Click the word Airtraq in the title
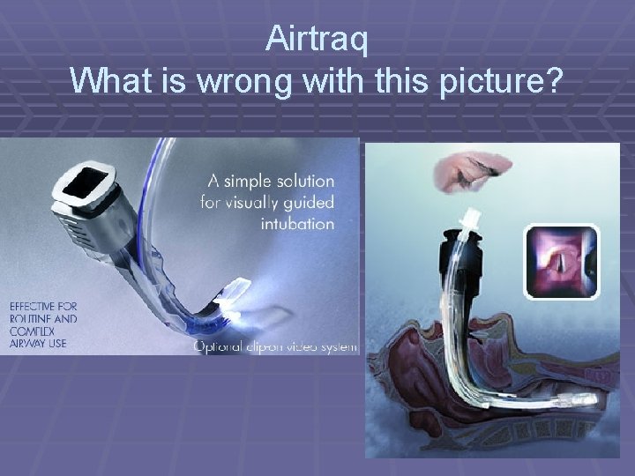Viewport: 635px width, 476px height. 317,40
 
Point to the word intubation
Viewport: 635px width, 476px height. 297,223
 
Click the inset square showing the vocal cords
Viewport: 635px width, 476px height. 562,261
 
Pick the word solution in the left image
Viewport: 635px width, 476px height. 308,182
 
